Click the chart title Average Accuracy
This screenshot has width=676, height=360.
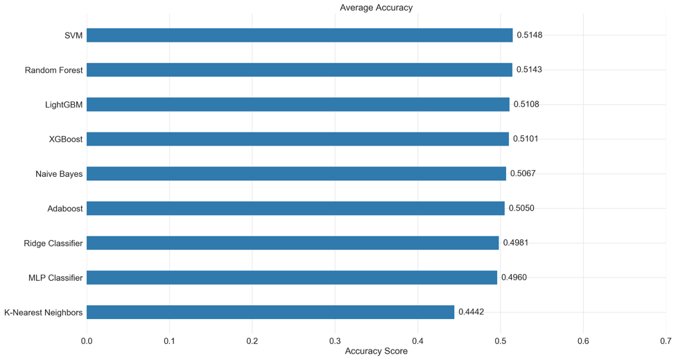376,8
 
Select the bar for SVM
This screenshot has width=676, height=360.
300,35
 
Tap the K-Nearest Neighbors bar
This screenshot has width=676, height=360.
270,312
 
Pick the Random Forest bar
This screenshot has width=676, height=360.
300,70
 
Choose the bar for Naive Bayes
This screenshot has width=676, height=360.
296,173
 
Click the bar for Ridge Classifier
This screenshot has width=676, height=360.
293,243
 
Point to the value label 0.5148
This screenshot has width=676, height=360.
530,35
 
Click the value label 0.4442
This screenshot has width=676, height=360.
471,312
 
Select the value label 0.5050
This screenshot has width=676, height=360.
521,208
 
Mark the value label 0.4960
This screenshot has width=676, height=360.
514,277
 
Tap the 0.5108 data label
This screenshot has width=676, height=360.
526,105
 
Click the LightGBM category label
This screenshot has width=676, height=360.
64,105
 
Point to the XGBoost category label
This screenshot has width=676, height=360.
66,139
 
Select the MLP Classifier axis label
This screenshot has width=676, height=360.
55,277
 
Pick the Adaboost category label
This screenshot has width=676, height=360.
65,208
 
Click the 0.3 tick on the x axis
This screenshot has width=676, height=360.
335,341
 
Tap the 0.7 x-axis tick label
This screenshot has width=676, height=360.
666,341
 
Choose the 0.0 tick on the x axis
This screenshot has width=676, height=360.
87,341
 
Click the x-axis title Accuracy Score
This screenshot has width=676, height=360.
376,352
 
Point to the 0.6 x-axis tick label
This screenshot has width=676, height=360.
583,341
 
